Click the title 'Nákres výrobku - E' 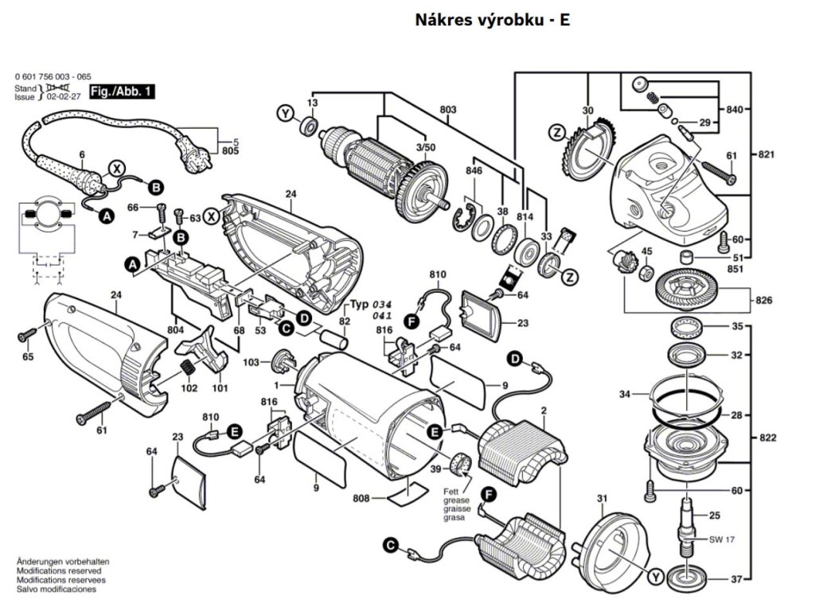tap(492, 20)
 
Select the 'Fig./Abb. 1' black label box tap(121, 91)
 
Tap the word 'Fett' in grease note tap(450, 491)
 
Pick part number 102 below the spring tap(189, 388)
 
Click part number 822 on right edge tap(769, 438)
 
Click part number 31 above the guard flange tap(602, 499)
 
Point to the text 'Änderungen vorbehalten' tap(63, 562)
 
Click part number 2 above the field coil tap(544, 411)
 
